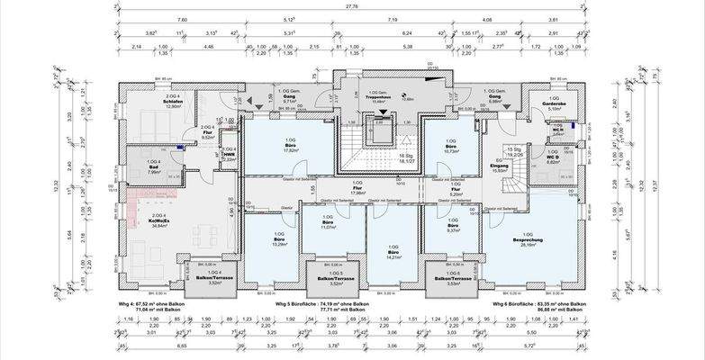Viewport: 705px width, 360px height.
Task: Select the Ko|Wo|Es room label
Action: [160, 222]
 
